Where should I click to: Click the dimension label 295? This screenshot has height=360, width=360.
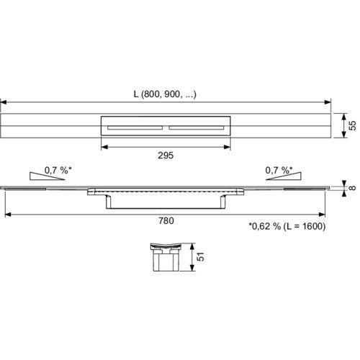click(166, 156)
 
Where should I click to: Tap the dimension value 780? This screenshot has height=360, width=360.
click(166, 221)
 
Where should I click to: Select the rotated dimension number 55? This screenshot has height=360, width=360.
click(352, 125)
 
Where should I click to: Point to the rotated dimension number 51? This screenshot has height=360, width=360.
click(201, 257)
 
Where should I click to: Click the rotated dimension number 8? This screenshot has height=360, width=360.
click(352, 188)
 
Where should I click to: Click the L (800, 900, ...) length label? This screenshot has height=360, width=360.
click(165, 94)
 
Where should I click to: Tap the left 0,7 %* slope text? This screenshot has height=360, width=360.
click(58, 170)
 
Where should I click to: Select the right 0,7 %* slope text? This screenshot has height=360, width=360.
click(279, 170)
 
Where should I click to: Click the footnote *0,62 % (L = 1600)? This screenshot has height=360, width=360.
click(287, 226)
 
